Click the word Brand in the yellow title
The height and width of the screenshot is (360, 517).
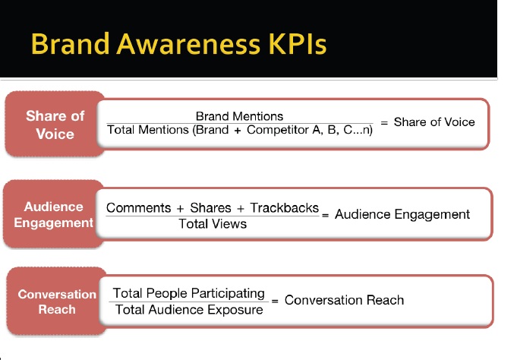pos(71,43)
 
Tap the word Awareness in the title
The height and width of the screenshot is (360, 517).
pos(188,43)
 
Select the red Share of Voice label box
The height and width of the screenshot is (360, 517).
pos(55,124)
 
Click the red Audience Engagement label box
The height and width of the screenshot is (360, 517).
pos(53,214)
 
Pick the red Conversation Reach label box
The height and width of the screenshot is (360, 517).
pos(57,302)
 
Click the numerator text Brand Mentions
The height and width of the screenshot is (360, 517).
pos(239,116)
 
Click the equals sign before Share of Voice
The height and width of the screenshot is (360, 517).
pos(384,123)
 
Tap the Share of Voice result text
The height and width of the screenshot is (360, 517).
pos(434,122)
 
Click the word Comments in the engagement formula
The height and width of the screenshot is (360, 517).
pos(138,208)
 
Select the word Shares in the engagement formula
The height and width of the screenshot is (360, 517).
pos(210,208)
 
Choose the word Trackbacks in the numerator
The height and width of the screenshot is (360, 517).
pos(284,208)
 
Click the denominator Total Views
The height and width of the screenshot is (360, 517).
pos(213,224)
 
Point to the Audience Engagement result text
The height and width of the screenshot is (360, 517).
pos(402,214)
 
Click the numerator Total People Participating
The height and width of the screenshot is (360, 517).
pos(188,293)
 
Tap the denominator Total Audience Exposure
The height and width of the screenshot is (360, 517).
pos(189,310)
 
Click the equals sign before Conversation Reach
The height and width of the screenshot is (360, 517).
pos(275,301)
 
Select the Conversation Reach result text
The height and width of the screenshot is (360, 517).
pos(344,300)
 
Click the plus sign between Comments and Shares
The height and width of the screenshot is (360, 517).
pos(180,209)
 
